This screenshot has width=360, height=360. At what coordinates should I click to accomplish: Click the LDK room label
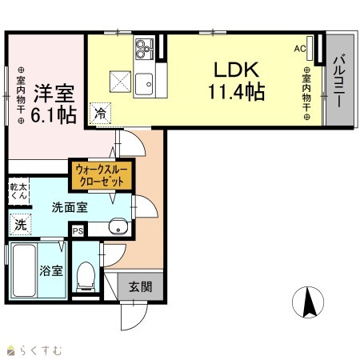tap(237, 70)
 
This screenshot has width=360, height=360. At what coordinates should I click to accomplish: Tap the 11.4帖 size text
tap(237, 91)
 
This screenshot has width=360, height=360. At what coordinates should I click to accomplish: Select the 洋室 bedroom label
tap(54, 94)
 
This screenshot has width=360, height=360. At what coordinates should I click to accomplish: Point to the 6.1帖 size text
tap(54, 114)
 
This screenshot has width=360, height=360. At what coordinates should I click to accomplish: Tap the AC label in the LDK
tap(300, 49)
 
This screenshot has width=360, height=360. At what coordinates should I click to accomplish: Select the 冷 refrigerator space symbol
tap(100, 114)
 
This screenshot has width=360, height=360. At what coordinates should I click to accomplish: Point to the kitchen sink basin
tap(144, 84)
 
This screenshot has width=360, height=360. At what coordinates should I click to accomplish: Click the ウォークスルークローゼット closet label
tap(102, 175)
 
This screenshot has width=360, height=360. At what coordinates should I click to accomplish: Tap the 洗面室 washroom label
tap(70, 207)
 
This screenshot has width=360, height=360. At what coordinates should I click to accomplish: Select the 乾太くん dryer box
tap(18, 191)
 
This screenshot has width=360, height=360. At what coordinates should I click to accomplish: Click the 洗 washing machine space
tap(20, 225)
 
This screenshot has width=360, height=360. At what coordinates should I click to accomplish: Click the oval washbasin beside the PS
tap(118, 227)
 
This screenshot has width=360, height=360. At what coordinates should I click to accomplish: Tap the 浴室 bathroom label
tap(51, 270)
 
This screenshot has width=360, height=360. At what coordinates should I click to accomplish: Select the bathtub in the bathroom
tap(24, 270)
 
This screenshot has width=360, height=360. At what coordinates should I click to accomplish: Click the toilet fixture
tap(86, 277)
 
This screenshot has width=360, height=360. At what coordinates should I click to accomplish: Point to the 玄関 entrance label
tap(141, 287)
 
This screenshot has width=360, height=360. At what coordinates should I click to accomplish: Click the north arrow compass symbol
tap(308, 302)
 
